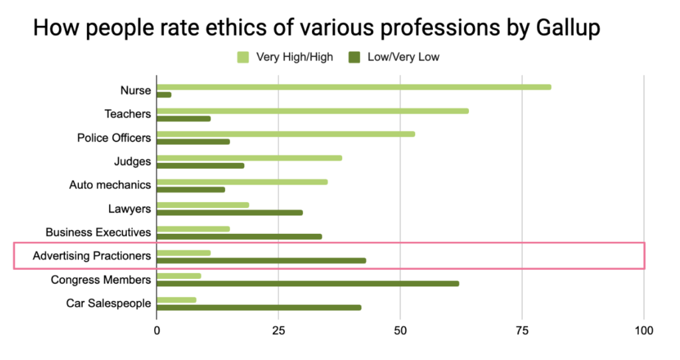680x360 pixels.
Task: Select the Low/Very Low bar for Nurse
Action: [x=164, y=94]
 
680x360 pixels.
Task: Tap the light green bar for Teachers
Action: [x=313, y=110]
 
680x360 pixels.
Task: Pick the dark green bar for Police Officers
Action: [x=193, y=141]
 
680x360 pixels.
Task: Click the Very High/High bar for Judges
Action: [x=250, y=158]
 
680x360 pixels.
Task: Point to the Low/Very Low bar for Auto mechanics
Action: [x=191, y=189]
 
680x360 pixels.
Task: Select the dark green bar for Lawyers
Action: [x=230, y=213]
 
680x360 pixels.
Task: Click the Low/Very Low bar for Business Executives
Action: [x=239, y=236]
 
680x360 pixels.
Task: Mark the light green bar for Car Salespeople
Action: [x=177, y=300]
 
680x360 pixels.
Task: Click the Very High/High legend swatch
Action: [x=243, y=57]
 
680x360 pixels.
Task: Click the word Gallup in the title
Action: [x=564, y=29]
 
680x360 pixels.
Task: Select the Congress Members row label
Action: [x=101, y=280]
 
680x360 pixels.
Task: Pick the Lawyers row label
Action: [x=129, y=209]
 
